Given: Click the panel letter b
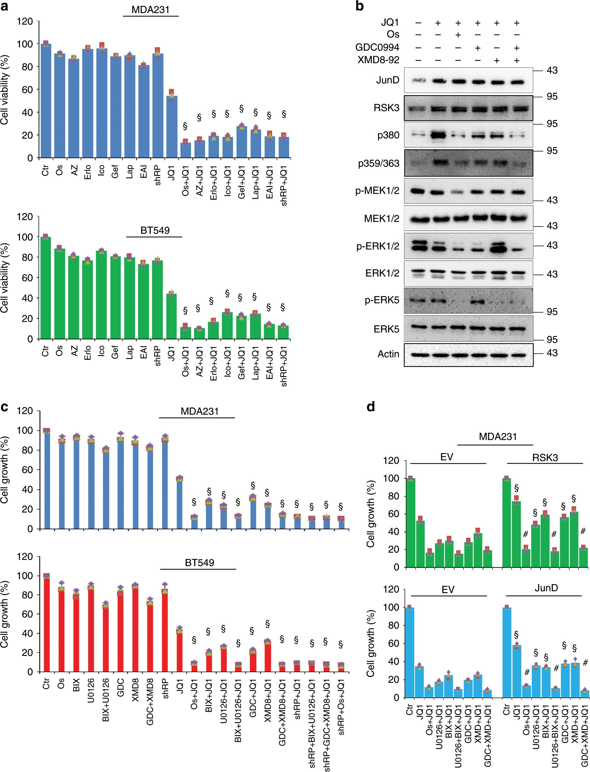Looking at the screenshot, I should (x=359, y=6).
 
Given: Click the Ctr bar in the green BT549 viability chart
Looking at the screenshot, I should (x=46, y=288).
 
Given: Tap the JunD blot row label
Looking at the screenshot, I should (x=388, y=80).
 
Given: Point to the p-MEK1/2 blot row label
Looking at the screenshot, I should (x=377, y=191).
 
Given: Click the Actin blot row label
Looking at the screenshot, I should (x=388, y=354).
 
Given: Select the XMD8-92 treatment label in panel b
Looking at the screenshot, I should (x=378, y=60).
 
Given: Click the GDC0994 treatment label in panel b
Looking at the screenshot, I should (x=377, y=47).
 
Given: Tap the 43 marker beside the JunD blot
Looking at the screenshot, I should (x=552, y=70).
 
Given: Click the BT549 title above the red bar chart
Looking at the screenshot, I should (x=199, y=562).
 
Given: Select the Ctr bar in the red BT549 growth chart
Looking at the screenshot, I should (x=46, y=623).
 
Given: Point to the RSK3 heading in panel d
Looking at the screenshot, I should (x=545, y=457).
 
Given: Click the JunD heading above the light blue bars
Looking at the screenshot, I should (x=546, y=588).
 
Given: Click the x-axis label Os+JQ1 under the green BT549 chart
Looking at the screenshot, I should (x=186, y=361).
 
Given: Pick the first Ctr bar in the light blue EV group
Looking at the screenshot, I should (x=410, y=652).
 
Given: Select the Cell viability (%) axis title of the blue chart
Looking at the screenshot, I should (x=4, y=90).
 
